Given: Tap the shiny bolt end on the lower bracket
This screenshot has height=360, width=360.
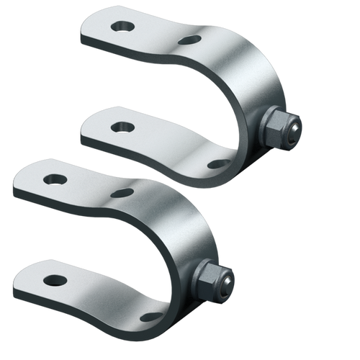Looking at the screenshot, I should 226,279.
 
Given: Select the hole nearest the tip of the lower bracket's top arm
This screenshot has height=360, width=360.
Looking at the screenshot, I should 55,178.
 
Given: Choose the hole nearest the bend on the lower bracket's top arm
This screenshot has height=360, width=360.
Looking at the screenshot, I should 123,192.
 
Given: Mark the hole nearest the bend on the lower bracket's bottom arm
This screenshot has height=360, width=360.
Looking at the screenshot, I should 151,316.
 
